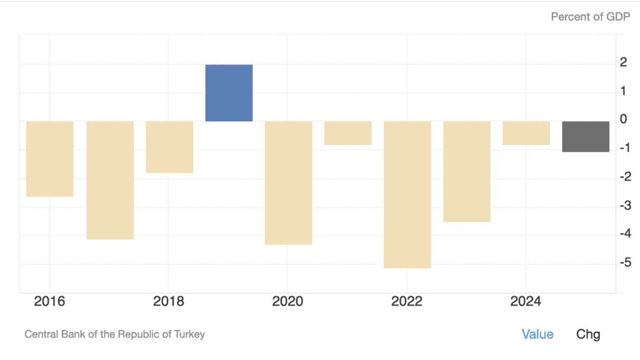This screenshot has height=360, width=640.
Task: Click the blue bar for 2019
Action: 229,93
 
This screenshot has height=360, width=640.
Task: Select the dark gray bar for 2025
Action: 586,136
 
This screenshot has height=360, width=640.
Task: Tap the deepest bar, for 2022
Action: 407,194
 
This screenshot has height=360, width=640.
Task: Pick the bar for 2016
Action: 50,159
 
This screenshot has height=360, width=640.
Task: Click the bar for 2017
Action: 109,180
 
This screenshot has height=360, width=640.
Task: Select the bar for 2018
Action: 169,147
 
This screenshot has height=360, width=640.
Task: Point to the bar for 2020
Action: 288,182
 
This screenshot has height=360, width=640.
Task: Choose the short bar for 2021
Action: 347,133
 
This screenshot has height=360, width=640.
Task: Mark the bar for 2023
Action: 466,171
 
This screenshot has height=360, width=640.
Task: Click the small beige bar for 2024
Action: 526,133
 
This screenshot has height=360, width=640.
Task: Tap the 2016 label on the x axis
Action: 49,302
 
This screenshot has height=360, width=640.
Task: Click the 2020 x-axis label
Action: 287,302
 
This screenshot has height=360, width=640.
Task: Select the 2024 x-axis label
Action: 526,302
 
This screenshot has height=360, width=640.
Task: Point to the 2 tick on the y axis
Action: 622,62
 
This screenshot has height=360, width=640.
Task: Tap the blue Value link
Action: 537,334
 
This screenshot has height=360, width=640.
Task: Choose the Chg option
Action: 588,334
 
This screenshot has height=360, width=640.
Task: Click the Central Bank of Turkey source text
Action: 114,334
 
